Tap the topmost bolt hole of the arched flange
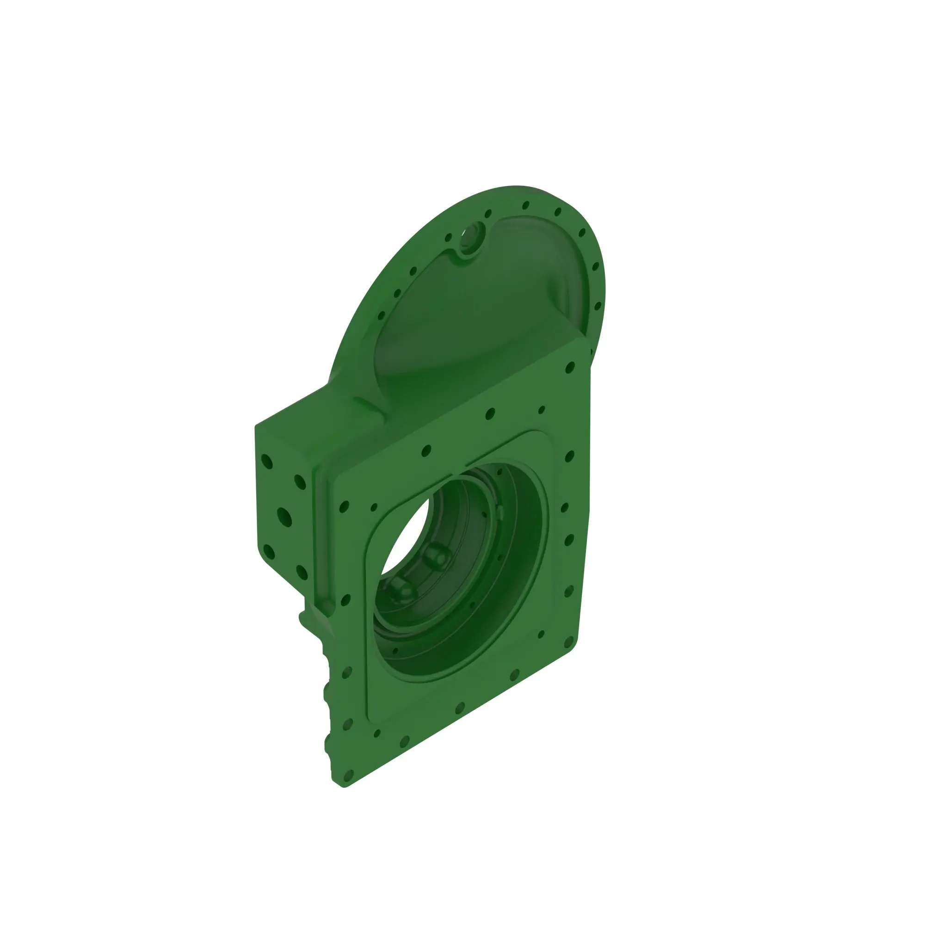click(526, 205)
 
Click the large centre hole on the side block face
click(284, 517)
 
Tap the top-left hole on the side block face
click(267, 462)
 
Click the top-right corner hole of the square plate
click(570, 368)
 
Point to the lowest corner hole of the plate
click(348, 775)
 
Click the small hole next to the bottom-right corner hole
click(541, 635)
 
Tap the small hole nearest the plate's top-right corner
click(542, 410)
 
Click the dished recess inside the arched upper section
click(479, 307)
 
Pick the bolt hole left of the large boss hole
click(449, 237)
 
